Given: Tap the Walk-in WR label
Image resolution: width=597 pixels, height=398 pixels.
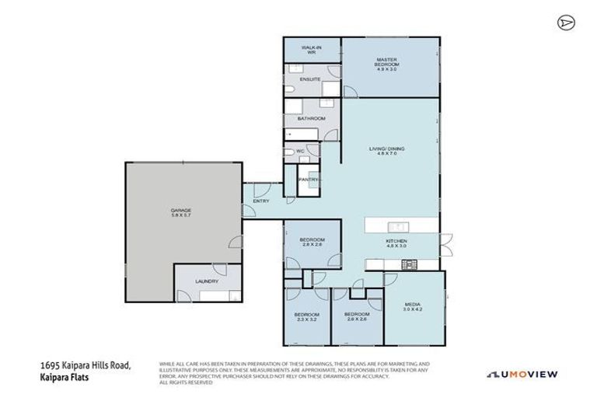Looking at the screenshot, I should [x=310, y=50].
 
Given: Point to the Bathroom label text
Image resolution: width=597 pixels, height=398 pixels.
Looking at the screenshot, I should [x=310, y=118].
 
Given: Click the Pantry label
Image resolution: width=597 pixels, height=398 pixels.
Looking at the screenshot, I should [x=309, y=179].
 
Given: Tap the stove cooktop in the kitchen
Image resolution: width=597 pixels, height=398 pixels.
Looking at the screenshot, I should [x=409, y=265].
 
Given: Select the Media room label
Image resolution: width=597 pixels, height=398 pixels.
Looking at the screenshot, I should [x=413, y=307].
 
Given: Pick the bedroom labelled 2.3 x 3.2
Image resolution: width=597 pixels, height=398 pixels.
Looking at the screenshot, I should [x=305, y=316].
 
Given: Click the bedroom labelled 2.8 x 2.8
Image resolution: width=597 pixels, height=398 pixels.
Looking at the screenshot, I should [x=311, y=242].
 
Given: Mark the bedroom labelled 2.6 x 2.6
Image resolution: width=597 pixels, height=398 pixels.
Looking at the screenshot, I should [x=355, y=316].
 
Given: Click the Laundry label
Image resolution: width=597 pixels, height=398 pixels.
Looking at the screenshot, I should [x=206, y=281].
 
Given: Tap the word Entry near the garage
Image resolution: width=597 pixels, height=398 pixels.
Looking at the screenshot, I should [x=261, y=202].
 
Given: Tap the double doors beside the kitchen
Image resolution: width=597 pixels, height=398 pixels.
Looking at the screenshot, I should [x=445, y=247].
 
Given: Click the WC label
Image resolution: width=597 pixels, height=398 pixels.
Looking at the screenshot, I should [x=300, y=152].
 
